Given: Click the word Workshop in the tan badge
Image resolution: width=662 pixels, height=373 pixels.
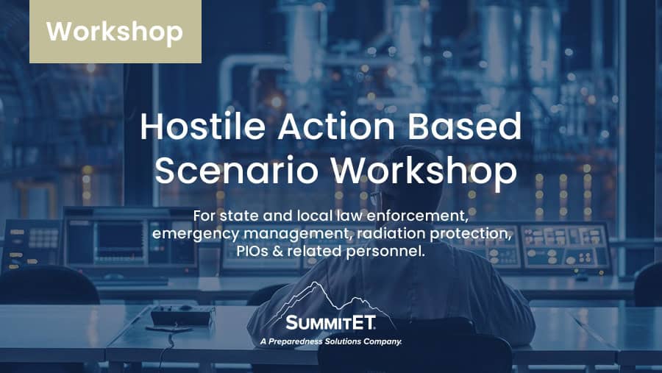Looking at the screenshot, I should click(x=115, y=32).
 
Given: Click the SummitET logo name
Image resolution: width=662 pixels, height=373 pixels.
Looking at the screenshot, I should click(x=330, y=323).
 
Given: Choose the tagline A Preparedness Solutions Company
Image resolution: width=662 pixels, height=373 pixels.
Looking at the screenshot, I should click(x=330, y=341).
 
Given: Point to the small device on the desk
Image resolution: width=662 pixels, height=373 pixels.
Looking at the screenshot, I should click(x=182, y=316).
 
